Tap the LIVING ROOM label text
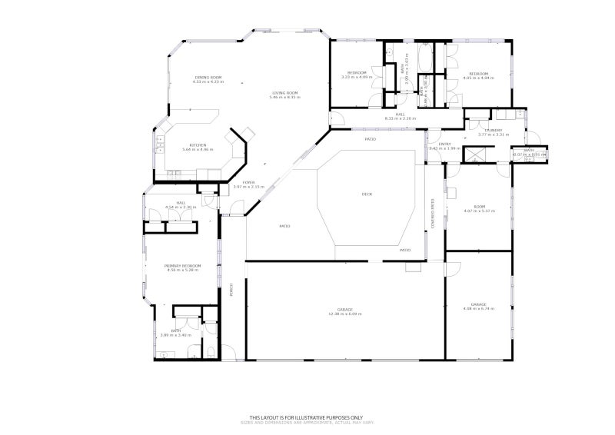coord(284,93)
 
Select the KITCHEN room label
coord(198,144)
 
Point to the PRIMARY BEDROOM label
coord(182,265)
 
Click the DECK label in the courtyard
coord(367,194)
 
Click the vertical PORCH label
coord(231,290)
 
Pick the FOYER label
coord(248,182)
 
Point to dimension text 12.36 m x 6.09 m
coord(345,314)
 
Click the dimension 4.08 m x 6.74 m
coord(478,309)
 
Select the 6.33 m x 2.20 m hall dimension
coord(400,118)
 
